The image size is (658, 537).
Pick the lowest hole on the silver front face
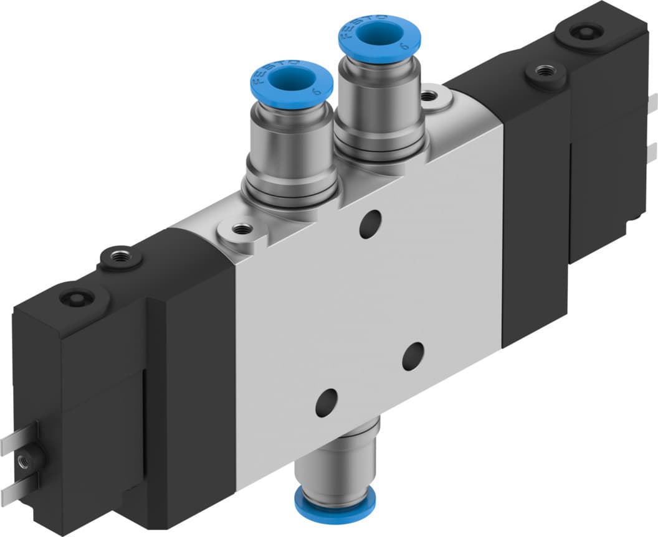[x=326, y=403]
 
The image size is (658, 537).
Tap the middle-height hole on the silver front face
[x=412, y=356]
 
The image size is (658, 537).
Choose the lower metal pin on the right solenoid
[x=652, y=151]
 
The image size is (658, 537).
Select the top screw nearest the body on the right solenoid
[x=546, y=73]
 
